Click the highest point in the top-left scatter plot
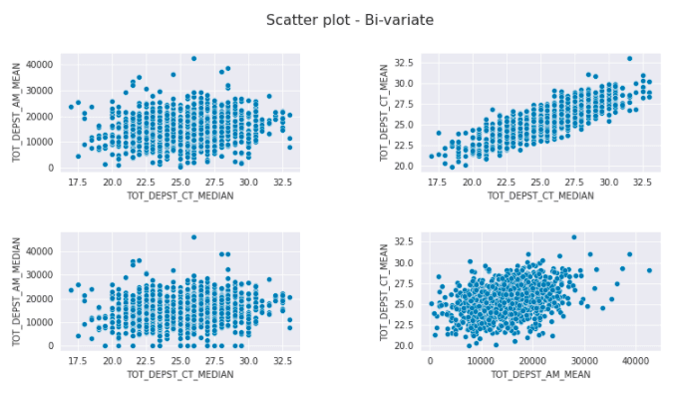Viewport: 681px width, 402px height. pos(193,59)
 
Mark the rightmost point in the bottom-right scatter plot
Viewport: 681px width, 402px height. pos(649,270)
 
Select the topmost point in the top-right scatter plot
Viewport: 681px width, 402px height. pos(629,59)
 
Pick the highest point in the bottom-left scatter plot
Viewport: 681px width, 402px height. pos(193,237)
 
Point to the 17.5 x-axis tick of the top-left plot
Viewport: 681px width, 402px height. pos(76,183)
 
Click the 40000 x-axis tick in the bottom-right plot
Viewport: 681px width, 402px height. pos(636,361)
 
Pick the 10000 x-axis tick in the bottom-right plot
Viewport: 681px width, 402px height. pos(481,361)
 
